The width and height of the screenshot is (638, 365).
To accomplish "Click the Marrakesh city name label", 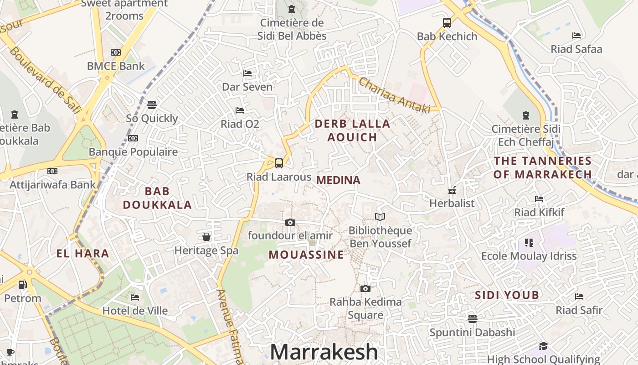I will point(324,352).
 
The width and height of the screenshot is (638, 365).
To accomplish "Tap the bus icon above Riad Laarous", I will point(278,163).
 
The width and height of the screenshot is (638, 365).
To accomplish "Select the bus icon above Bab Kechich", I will point(447,22).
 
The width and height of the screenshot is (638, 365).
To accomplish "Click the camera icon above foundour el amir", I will point(290,222).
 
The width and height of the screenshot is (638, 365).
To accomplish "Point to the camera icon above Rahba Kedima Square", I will point(365,288).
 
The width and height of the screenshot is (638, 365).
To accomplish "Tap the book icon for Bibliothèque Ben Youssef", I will point(380,217).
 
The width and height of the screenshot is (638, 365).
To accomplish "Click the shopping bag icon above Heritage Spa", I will point(206,237).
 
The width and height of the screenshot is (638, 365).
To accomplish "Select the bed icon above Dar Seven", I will point(247,73).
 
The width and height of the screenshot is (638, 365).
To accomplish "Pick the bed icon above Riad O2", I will point(240,110).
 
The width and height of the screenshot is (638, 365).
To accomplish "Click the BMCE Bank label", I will point(116,66).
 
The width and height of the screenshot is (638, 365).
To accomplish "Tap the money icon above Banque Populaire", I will point(133,138).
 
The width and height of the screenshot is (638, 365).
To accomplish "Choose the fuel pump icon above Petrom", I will point(22,285).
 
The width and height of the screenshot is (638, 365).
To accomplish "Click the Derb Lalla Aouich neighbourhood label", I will point(352,130).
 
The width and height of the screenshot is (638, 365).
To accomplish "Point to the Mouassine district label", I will point(306,255).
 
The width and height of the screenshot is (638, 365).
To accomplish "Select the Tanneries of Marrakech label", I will point(542,167).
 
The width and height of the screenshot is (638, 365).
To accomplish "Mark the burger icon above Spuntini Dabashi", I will point(472,318).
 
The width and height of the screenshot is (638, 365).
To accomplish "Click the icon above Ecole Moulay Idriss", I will point(529,242).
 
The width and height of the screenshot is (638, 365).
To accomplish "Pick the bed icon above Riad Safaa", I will point(576,35).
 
